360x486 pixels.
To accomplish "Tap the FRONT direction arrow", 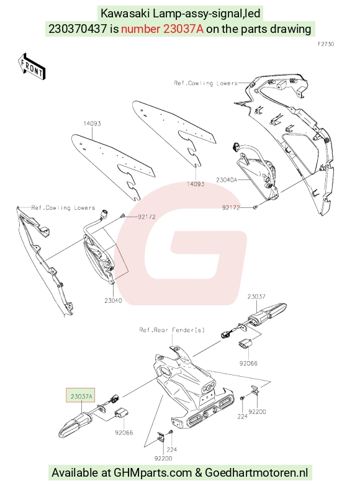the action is tap(31, 66).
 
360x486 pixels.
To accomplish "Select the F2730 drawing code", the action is tap(326, 44).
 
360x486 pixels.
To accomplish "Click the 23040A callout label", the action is tap(227, 180).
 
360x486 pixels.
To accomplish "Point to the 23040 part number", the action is tap(113, 300).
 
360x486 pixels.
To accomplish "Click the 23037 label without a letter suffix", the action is tap(256, 297).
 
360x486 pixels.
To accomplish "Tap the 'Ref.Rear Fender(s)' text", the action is tap(172, 330).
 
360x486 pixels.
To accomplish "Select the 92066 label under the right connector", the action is tap(248, 363).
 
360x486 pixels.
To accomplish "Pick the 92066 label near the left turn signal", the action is tap(124, 433).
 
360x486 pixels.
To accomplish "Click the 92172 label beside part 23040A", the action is tap(231, 207).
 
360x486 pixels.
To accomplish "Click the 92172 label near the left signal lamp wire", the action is tap(146, 217).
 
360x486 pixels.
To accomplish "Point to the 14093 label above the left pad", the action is tap(92, 124).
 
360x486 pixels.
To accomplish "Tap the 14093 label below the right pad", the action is tap(196, 184).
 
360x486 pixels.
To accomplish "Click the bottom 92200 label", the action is tap(163, 458).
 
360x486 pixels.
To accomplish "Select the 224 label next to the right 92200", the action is tap(242, 416).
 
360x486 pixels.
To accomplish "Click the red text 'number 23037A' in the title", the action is tap(162, 29).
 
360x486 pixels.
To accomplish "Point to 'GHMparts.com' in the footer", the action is tap(153, 473).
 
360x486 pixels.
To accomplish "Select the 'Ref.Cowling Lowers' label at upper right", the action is tap(205, 83).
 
